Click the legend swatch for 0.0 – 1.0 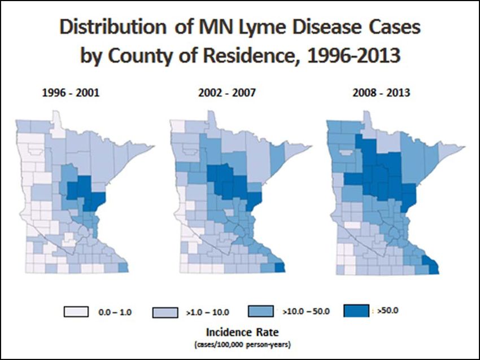[76, 311]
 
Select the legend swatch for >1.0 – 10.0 [167, 311]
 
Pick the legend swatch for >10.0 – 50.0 [260, 311]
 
